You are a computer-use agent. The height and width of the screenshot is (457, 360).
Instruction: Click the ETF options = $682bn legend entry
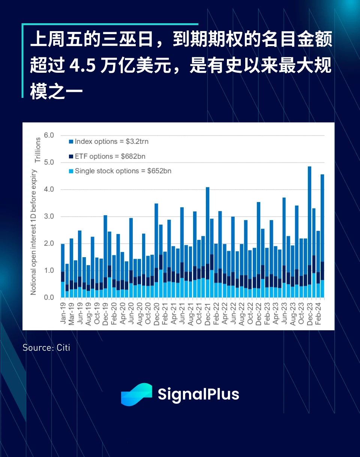point(107,156)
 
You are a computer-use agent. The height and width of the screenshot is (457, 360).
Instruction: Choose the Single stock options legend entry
point(120,171)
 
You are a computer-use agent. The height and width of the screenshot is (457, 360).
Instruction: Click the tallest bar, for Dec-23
point(309,232)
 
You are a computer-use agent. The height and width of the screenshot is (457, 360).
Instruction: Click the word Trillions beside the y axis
point(37,150)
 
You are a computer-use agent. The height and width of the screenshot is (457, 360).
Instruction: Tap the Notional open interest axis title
point(34,232)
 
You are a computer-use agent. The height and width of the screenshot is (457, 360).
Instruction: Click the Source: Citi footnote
point(46,348)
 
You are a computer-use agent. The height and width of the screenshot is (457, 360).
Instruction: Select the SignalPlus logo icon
point(136,394)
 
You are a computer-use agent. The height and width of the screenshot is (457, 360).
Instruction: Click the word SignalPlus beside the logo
point(198,394)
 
